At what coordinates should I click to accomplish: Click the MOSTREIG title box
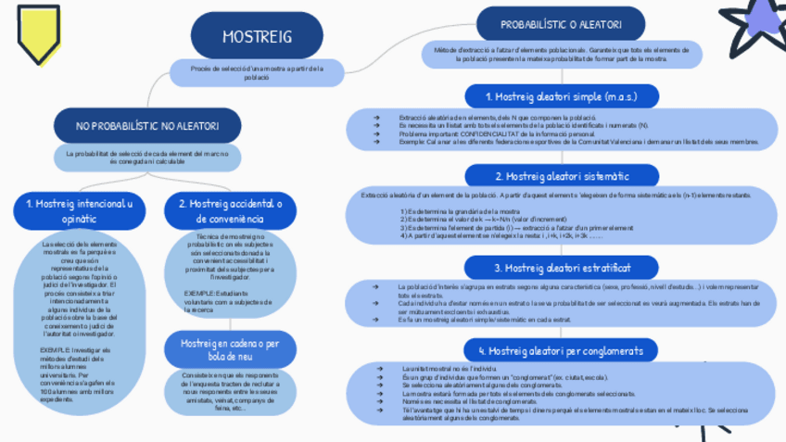pos(257,36)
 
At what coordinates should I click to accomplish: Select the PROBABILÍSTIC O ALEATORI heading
pos(560,25)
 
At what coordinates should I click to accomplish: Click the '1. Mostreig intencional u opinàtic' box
pos(79,210)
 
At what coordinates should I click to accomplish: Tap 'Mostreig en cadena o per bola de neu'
pos(230,349)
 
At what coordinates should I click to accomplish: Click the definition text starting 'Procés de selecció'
pos(257,72)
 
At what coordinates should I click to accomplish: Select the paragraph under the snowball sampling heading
pos(230,393)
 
